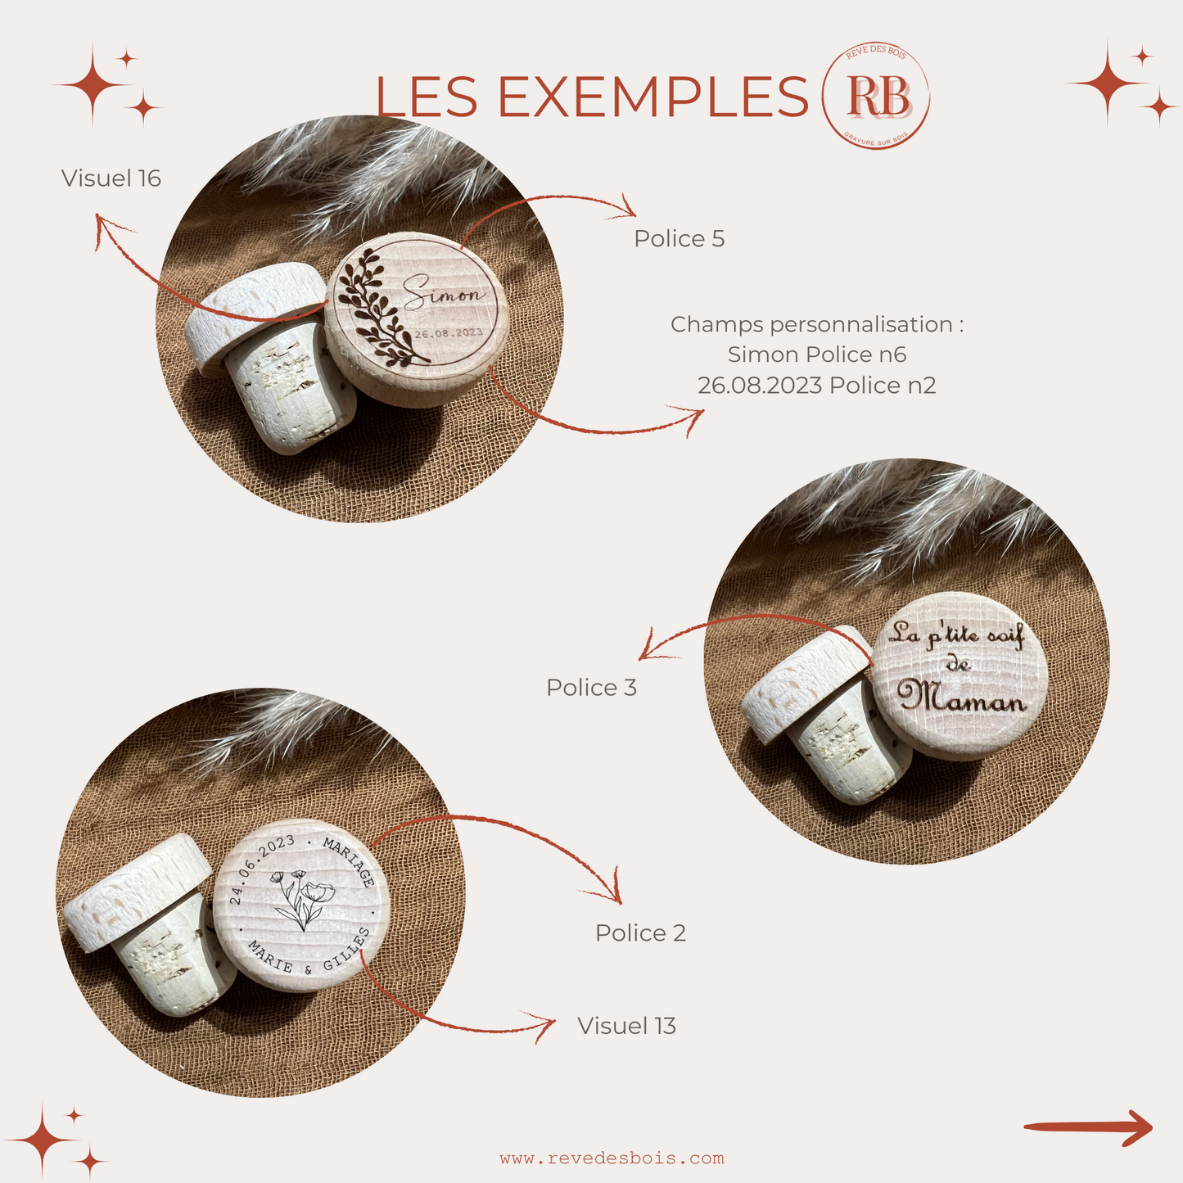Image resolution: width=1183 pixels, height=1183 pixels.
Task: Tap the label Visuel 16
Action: click(111, 178)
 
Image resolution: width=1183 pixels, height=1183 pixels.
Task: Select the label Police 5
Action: click(679, 239)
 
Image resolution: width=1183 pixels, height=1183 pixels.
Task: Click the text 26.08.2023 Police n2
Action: click(816, 386)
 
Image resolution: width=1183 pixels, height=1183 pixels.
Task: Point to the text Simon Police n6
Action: click(816, 354)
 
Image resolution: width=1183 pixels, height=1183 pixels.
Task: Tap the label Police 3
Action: click(591, 688)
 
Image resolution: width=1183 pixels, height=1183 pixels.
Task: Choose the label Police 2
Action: click(640, 933)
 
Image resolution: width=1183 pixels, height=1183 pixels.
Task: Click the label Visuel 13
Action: click(626, 1026)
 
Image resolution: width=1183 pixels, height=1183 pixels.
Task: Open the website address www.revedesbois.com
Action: click(612, 1158)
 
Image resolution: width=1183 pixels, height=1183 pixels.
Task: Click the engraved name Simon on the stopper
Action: click(443, 293)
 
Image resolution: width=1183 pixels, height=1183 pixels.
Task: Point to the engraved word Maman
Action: click(962, 697)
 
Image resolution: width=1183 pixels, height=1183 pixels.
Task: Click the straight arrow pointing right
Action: click(1087, 1128)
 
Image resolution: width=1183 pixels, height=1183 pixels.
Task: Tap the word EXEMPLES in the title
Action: click(653, 97)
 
